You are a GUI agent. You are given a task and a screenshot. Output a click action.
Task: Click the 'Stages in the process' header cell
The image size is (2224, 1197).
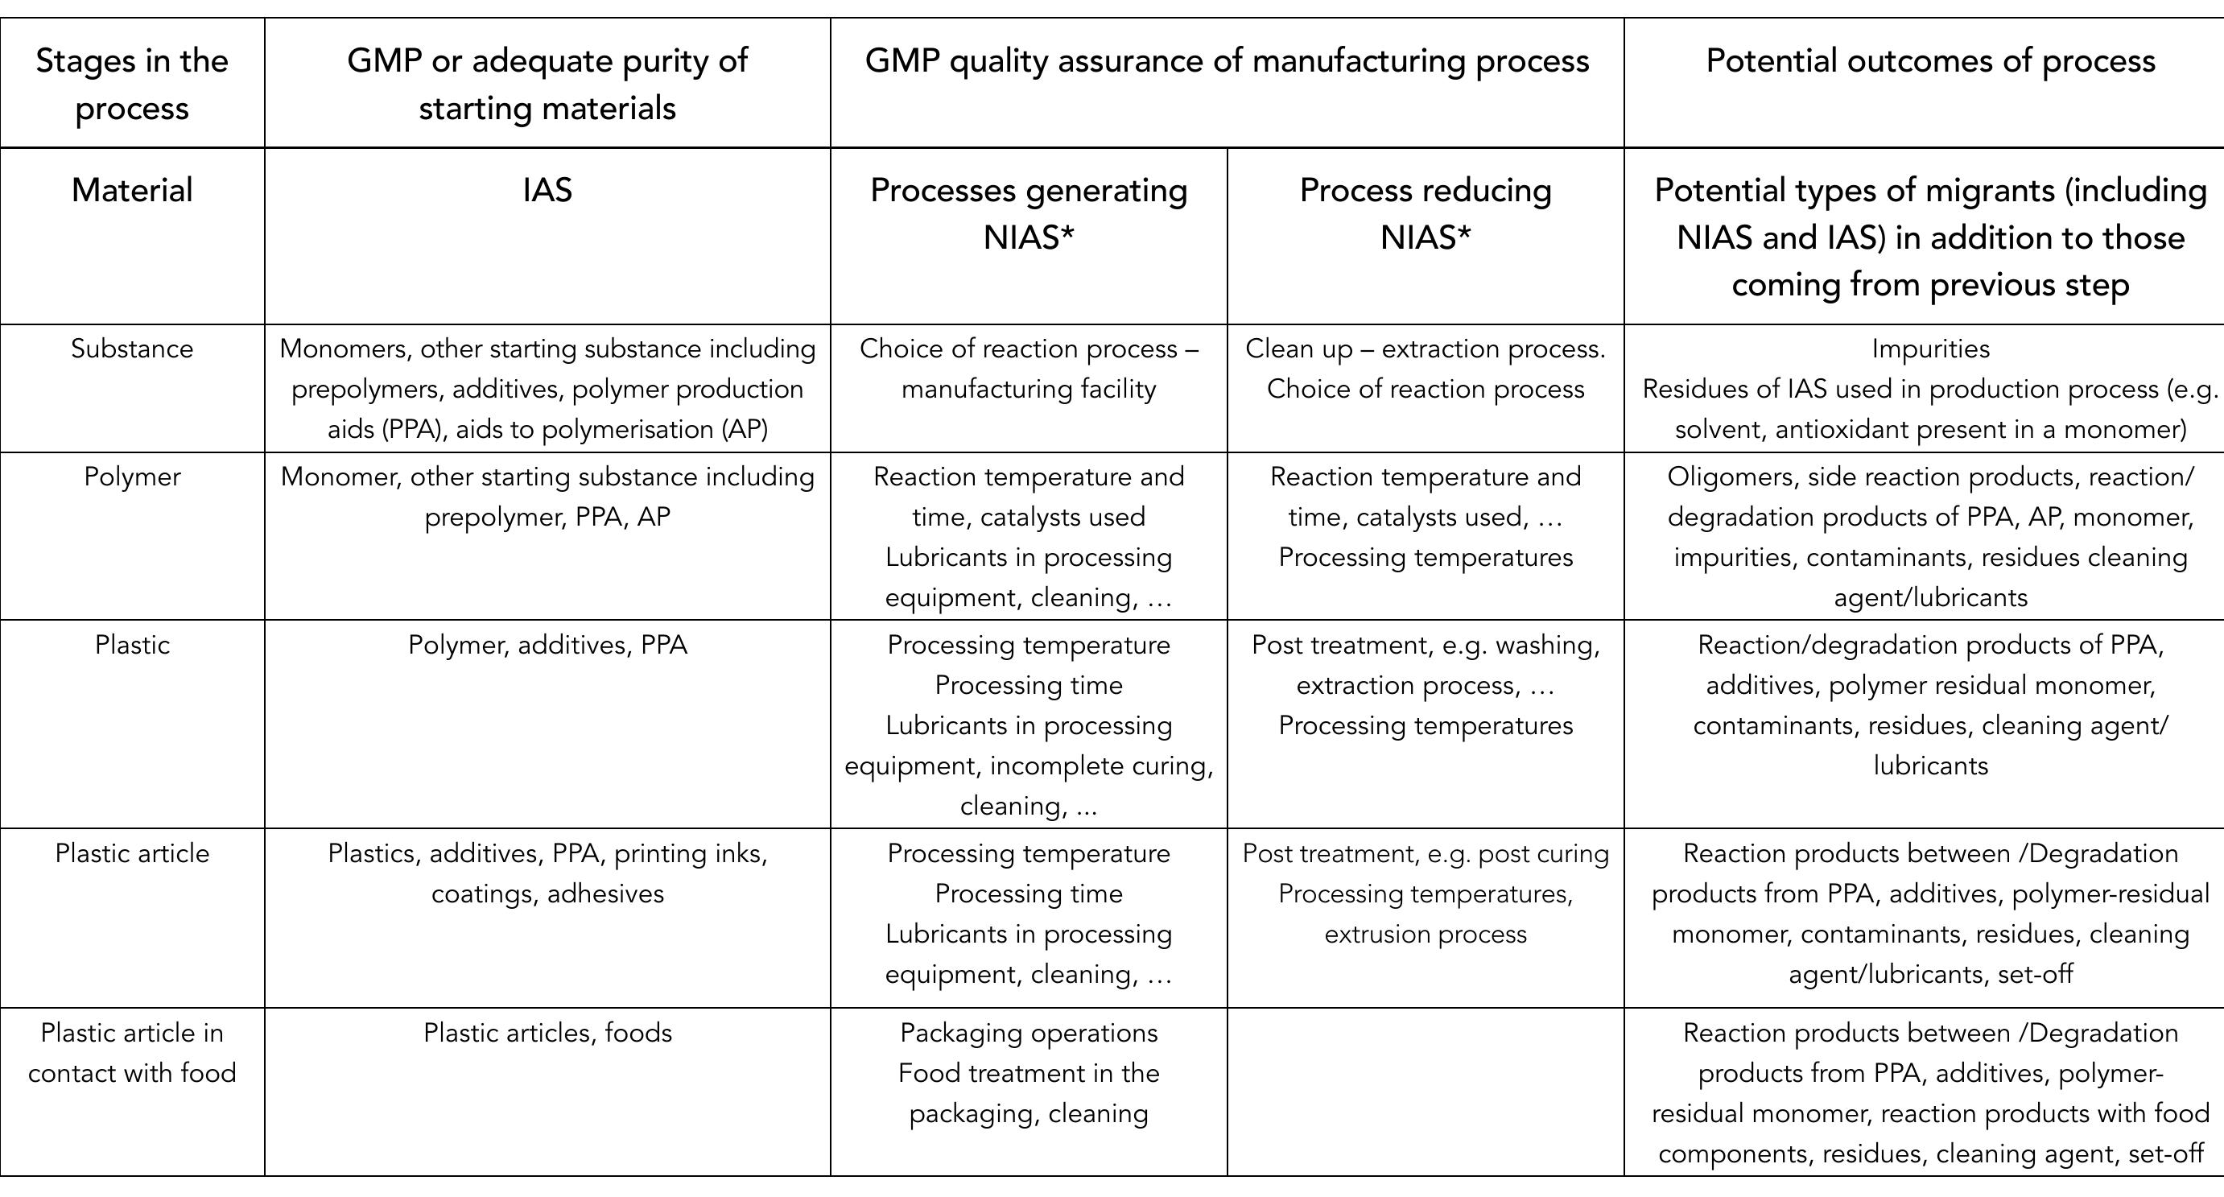click(x=132, y=84)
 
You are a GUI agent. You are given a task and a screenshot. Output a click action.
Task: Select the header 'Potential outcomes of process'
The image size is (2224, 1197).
click(x=1930, y=61)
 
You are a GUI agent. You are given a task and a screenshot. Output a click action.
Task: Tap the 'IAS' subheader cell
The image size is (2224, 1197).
click(x=547, y=190)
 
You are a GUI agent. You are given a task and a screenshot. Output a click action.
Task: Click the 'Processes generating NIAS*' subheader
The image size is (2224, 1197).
click(x=1028, y=213)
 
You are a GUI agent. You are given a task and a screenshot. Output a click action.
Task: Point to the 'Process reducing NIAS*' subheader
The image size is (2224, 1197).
click(x=1425, y=213)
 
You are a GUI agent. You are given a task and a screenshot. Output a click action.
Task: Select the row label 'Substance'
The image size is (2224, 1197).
click(x=132, y=349)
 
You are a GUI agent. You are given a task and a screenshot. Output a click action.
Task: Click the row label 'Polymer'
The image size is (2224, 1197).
click(x=132, y=477)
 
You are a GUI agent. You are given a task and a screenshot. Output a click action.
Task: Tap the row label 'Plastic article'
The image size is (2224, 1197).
click(x=132, y=853)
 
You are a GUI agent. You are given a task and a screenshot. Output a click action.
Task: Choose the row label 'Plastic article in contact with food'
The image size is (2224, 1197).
click(x=132, y=1053)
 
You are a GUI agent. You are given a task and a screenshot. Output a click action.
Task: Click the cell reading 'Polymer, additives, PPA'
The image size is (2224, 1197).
click(x=547, y=645)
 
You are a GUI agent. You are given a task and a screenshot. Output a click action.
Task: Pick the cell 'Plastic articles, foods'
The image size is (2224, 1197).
click(x=547, y=1033)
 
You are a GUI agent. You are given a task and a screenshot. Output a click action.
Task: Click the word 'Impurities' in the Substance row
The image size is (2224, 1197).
click(x=1930, y=349)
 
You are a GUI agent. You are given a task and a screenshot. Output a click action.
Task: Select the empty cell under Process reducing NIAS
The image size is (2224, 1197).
click(x=1425, y=1091)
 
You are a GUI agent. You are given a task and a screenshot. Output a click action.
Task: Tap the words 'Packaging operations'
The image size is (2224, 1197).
click(x=1028, y=1033)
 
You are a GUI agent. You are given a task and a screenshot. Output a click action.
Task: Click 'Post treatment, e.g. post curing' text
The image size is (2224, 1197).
click(x=1425, y=853)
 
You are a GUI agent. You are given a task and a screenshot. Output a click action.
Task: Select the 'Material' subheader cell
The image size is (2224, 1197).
click(x=132, y=190)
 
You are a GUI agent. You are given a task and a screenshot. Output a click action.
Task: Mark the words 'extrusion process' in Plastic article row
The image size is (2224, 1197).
click(x=1425, y=935)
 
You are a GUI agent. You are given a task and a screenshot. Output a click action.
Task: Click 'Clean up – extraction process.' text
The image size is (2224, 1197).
click(x=1425, y=349)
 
